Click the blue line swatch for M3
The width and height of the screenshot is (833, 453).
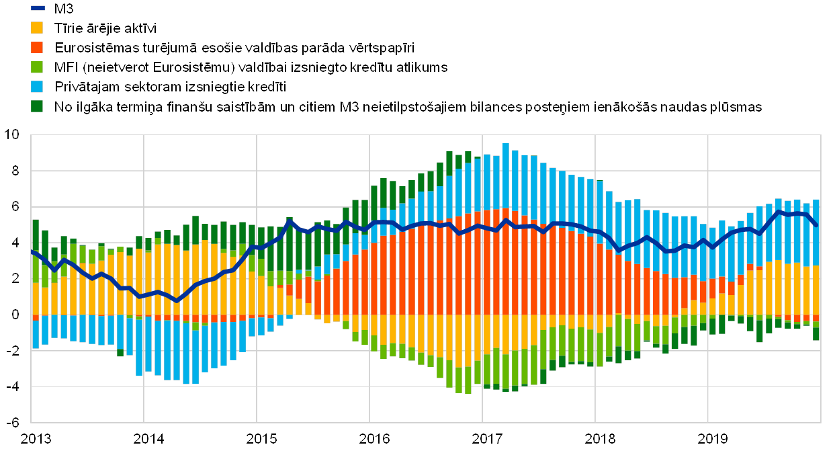pos(38,9)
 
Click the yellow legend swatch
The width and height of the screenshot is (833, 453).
pos(38,28)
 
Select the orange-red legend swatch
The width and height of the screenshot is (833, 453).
pos(38,48)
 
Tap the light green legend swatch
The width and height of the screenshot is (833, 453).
pos(38,67)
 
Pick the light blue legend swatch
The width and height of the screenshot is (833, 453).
pos(38,87)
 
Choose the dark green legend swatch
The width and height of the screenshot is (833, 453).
pos(38,106)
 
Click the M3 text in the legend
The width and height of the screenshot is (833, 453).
pos(65,9)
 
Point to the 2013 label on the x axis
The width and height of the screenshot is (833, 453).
pos(35,439)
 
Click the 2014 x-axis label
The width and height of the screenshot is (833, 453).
pos(148,439)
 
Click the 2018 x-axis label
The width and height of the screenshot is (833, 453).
pos(599,439)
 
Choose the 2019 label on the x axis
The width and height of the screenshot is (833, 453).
pos(712,439)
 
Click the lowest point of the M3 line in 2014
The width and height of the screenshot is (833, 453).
pos(177,300)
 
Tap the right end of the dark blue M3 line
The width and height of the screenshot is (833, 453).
pos(816,225)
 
